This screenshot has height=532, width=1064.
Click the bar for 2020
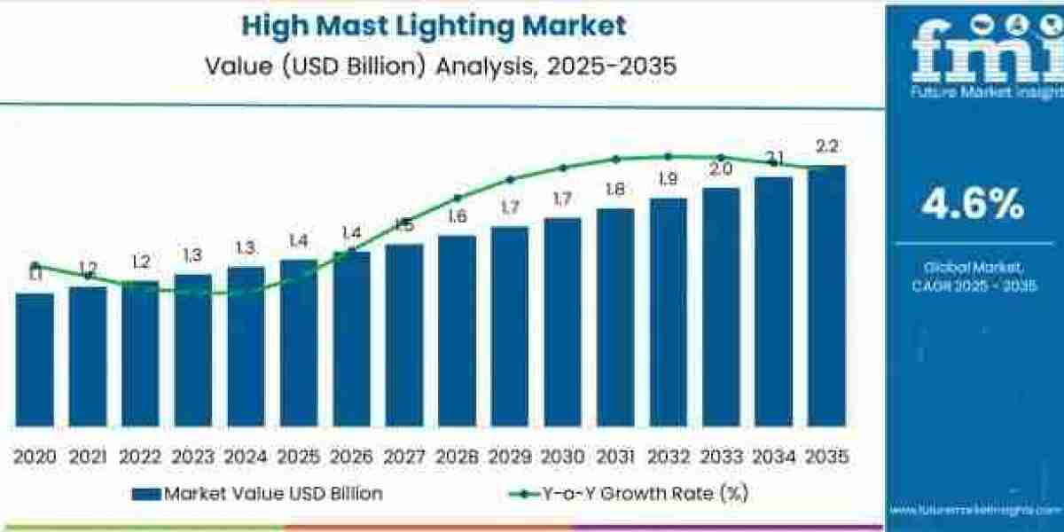[35, 359]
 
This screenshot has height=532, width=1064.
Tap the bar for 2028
[457, 330]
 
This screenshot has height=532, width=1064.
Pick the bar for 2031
[615, 317]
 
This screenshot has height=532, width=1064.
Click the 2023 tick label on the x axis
[193, 457]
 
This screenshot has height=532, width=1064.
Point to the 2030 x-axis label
[562, 457]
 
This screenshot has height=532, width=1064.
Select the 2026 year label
[351, 457]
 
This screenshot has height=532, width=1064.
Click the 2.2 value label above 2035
[827, 147]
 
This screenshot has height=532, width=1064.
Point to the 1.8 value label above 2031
[615, 189]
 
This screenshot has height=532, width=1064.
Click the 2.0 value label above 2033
[721, 168]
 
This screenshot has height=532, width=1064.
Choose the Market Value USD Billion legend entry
[257, 494]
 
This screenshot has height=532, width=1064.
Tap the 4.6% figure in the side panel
[973, 205]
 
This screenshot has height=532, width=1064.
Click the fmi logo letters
[973, 44]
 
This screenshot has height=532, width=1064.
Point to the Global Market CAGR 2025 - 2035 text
[973, 276]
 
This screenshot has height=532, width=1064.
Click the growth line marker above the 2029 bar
[510, 178]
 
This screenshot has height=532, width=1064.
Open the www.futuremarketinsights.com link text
[973, 511]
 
